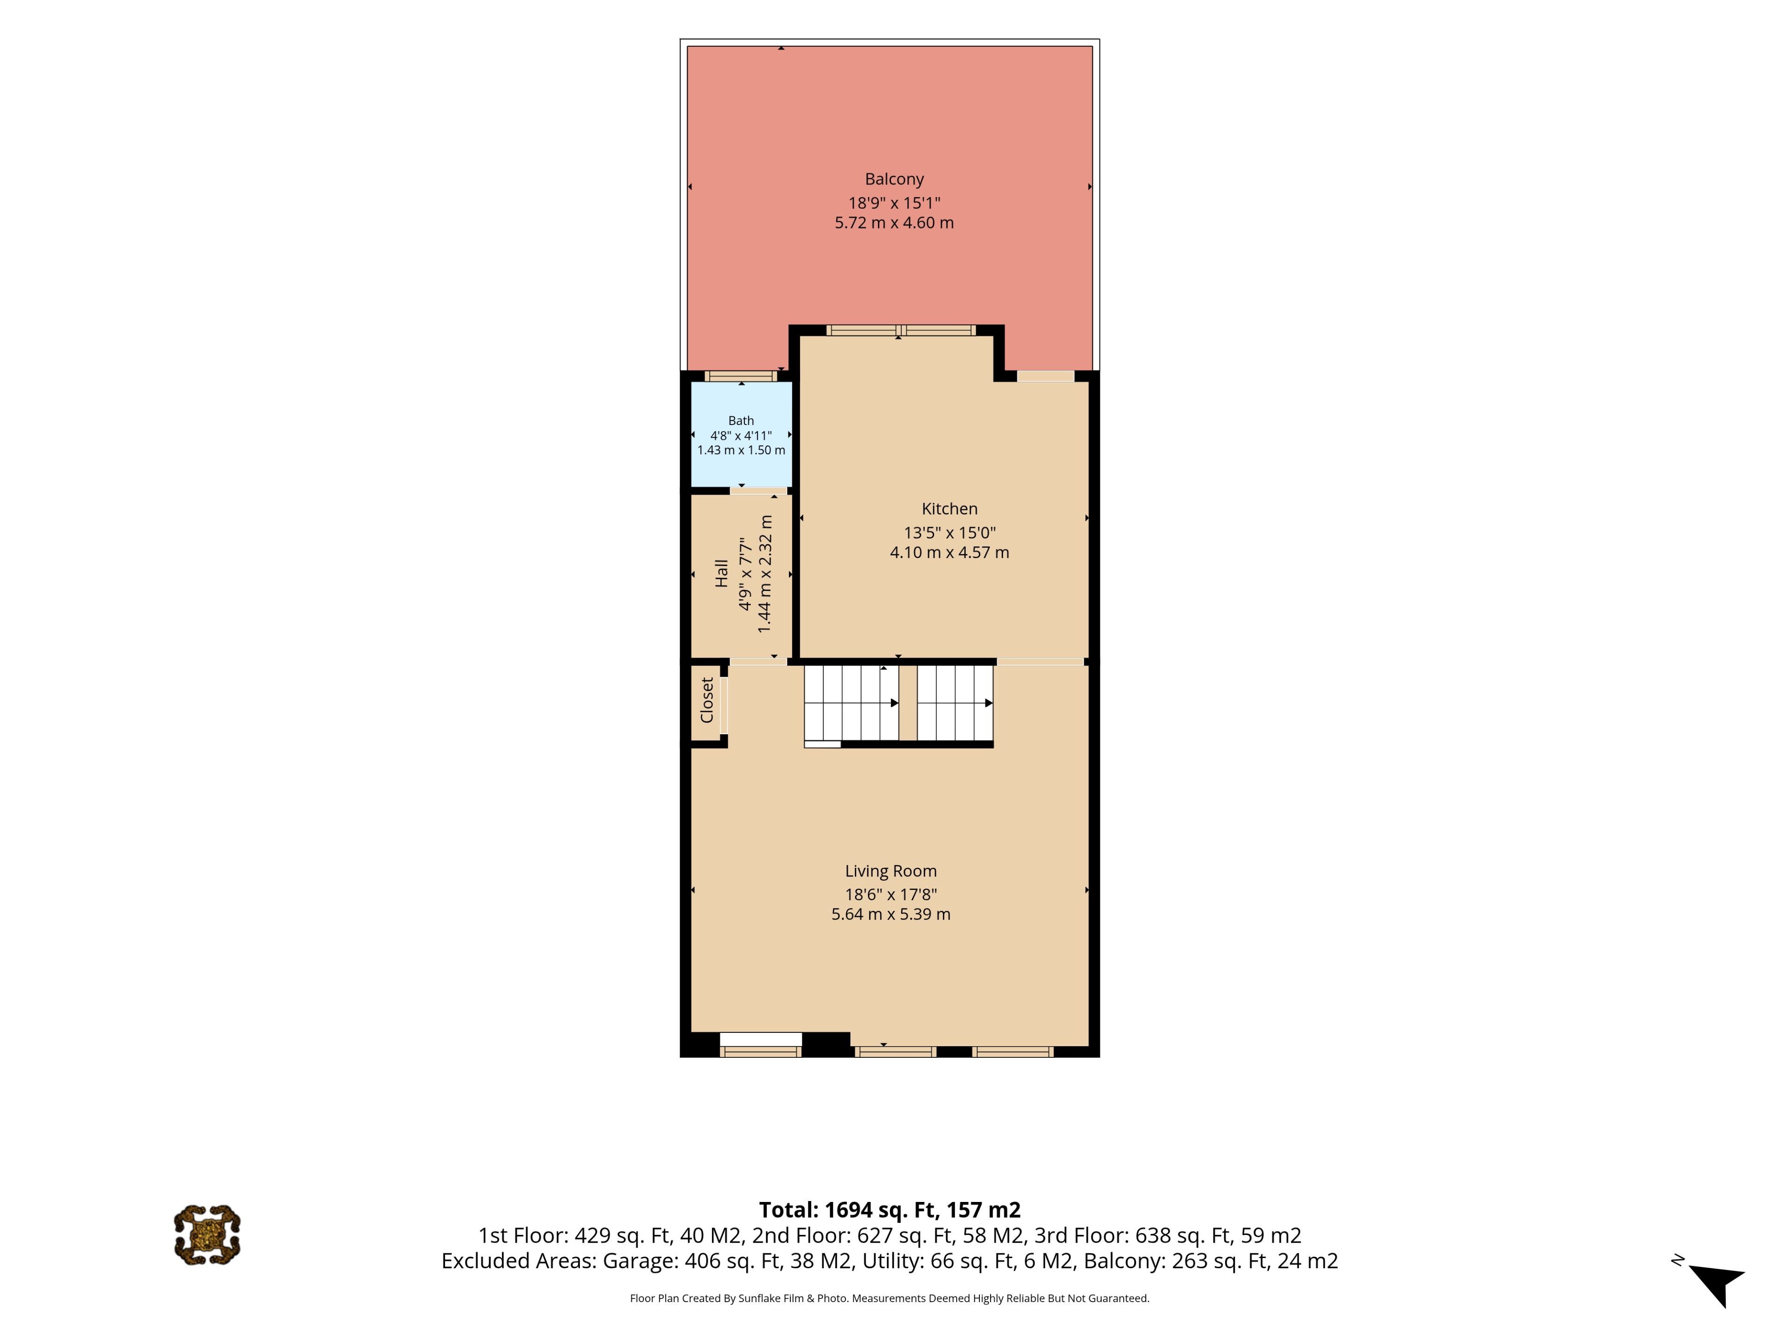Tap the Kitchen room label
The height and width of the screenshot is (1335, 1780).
coord(949,509)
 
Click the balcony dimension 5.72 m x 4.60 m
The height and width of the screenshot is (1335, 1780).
coord(894,223)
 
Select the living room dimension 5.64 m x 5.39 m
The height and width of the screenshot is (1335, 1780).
coord(891,914)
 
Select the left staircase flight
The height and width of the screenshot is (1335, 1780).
coord(852,703)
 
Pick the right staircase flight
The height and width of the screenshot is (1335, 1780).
coord(955,703)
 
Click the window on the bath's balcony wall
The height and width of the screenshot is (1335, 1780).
coord(741,376)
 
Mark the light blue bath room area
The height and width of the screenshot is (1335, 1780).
coord(741,434)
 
